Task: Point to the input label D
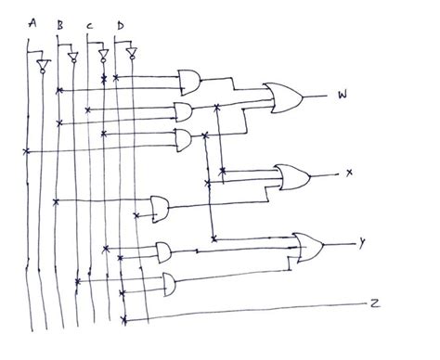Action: coord(120,22)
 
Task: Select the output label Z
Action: coord(373,302)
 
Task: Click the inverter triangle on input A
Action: coord(41,66)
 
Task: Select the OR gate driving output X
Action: coord(291,175)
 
